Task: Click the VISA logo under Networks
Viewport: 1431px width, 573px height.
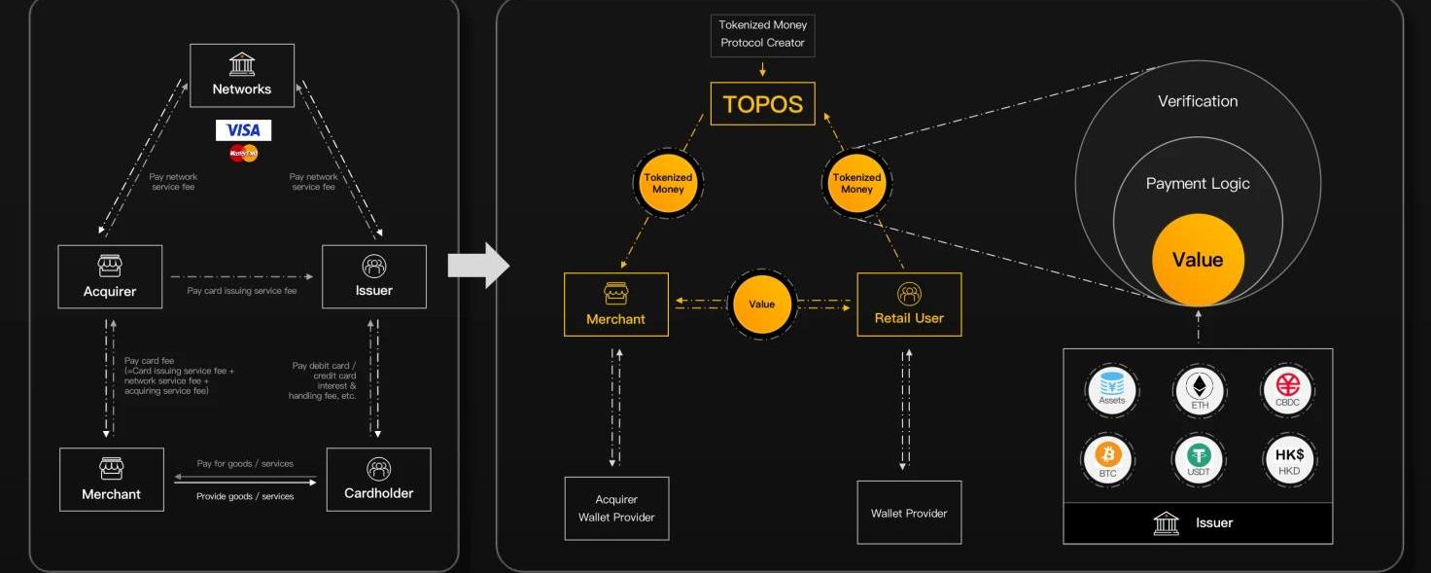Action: point(243,130)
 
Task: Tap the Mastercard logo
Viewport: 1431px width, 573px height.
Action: point(243,153)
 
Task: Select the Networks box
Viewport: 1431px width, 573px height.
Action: point(242,76)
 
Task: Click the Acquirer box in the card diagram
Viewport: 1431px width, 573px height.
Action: point(110,276)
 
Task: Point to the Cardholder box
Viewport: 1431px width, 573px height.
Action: point(378,479)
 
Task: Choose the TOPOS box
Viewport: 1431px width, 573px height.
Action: point(763,104)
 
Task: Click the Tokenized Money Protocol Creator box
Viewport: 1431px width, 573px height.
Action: point(763,33)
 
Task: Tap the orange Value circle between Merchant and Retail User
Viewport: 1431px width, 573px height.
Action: point(762,304)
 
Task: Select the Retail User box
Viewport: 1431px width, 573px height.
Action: point(909,304)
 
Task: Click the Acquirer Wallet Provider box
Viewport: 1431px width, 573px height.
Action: point(616,508)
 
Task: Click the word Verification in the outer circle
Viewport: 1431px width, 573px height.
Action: point(1198,101)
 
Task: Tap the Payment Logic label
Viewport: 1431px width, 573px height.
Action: point(1198,183)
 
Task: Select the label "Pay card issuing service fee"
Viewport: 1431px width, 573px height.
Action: point(242,291)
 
